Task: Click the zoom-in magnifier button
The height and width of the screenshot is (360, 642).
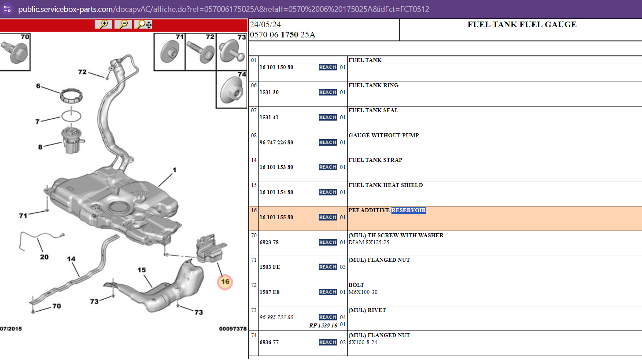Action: (x=103, y=24)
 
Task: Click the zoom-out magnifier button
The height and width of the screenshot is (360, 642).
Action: (x=123, y=24)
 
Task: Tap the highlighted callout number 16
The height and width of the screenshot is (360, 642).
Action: (x=225, y=282)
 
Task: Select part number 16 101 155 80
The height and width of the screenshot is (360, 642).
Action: (x=276, y=217)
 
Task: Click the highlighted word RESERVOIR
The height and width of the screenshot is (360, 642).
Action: (x=409, y=210)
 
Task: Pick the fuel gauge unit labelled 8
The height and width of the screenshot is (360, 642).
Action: (x=72, y=140)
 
